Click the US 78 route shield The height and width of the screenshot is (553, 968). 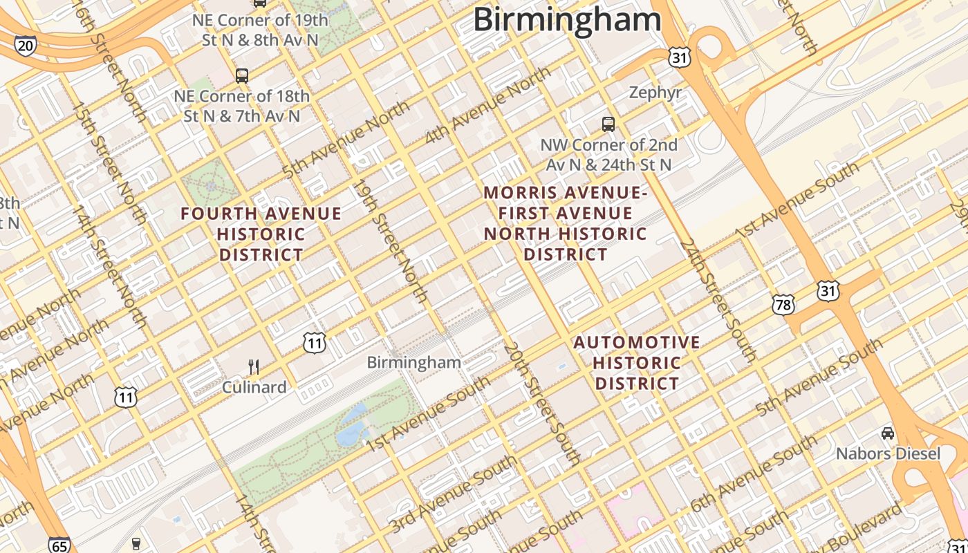[x=783, y=303]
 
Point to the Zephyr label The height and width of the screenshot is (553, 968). [x=655, y=93]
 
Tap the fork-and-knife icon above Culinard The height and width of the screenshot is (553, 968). [x=254, y=366]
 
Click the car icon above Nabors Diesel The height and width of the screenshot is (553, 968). [x=888, y=433]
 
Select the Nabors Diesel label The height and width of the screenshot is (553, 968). [x=888, y=453]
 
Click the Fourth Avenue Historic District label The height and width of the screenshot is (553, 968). [x=261, y=234]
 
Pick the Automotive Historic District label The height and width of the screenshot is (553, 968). [x=637, y=363]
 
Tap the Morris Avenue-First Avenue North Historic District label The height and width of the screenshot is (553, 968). [x=566, y=223]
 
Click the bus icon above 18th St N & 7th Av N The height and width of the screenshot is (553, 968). [x=242, y=75]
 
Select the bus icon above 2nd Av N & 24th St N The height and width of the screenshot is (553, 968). [x=608, y=124]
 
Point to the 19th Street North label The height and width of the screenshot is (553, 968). [x=391, y=241]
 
